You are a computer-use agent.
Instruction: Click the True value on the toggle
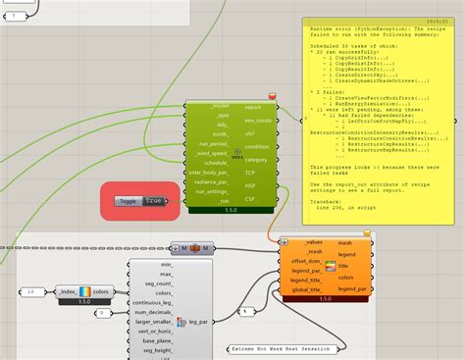[153, 201]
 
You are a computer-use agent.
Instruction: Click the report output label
[251, 107]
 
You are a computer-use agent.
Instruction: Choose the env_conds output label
[258, 120]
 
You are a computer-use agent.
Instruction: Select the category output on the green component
[257, 159]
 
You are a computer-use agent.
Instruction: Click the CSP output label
[249, 198]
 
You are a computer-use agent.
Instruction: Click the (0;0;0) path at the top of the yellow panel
[438, 21]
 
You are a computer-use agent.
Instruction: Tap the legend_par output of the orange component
[351, 288]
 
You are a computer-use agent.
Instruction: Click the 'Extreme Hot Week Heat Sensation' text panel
[283, 348]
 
